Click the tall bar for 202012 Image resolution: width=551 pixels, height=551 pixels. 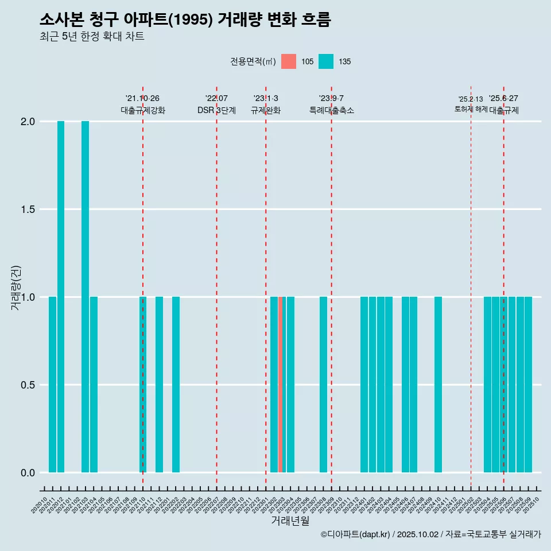(61, 297)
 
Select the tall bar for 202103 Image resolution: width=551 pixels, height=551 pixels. (85, 297)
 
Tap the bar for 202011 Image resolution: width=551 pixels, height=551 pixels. (52, 385)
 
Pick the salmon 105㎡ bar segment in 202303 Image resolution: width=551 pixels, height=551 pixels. (280, 385)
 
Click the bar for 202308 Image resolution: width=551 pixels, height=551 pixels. (323, 385)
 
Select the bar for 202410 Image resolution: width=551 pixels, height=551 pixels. (438, 385)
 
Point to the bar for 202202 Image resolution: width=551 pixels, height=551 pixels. (176, 385)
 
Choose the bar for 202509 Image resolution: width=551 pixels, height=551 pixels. (528, 385)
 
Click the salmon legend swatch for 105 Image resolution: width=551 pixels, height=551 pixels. (289, 61)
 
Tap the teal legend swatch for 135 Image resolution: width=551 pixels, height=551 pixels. (326, 61)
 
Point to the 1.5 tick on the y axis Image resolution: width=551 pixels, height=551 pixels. (28, 209)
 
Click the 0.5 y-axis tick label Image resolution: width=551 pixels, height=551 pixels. (28, 385)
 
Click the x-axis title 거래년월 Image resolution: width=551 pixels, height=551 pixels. (290, 521)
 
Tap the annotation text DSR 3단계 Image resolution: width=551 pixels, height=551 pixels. (216, 110)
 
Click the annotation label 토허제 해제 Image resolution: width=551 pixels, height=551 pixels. (471, 108)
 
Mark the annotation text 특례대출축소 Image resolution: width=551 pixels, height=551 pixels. (331, 110)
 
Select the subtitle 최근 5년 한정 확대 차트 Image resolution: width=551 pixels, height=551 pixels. (92, 37)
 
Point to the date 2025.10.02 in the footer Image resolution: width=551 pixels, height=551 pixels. (417, 534)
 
